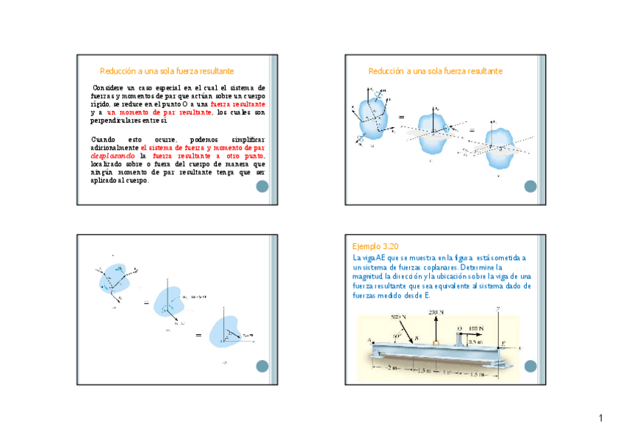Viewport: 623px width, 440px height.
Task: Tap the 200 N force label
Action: (436, 313)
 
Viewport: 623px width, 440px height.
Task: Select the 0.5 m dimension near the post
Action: (478, 341)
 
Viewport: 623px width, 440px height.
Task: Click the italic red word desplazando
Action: (112, 156)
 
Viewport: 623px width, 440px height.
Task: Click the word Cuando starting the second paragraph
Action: (104, 139)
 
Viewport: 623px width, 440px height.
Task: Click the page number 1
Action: (600, 419)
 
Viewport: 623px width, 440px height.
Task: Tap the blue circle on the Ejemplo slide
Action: (531, 367)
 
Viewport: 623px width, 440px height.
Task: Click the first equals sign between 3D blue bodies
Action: (401, 118)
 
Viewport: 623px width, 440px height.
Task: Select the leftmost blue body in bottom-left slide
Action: (115, 278)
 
